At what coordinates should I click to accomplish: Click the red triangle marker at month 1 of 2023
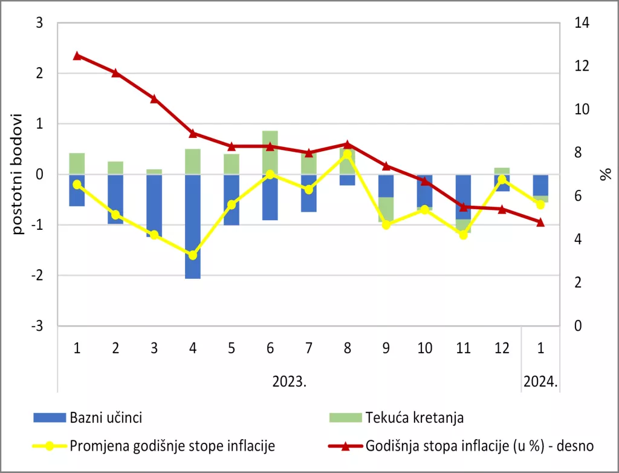pyautogui.click(x=77, y=56)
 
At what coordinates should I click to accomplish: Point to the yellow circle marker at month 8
pyautogui.click(x=347, y=154)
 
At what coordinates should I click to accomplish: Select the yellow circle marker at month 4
pyautogui.click(x=192, y=255)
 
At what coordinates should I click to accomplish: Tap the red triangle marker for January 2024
pyautogui.click(x=540, y=222)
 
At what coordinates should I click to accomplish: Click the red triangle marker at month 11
pyautogui.click(x=463, y=206)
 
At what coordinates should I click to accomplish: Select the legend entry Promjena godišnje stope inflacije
pyautogui.click(x=172, y=446)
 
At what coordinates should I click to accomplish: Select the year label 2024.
pyautogui.click(x=540, y=382)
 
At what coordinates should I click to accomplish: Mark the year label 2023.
pyautogui.click(x=290, y=382)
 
